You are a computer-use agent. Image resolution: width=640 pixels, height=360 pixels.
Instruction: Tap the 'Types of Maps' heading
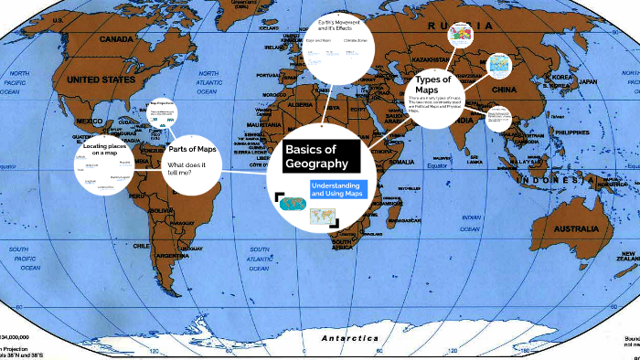pyautogui.click(x=433, y=84)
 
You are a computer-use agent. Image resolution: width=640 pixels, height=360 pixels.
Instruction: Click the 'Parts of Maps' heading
pyautogui.click(x=192, y=149)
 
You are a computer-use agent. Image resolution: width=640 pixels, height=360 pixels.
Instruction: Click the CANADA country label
pyautogui.click(x=117, y=40)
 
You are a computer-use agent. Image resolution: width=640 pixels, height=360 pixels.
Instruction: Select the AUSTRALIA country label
pyautogui.click(x=572, y=202)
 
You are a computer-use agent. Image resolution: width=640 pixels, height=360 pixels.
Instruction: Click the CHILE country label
pyautogui.click(x=141, y=220)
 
